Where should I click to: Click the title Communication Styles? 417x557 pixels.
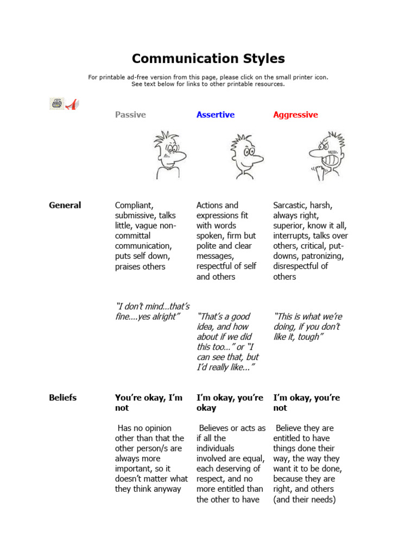208,59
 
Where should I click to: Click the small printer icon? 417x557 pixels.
56,103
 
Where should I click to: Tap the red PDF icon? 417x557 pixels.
72,104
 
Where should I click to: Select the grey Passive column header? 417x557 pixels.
130,115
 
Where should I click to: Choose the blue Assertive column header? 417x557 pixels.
216,115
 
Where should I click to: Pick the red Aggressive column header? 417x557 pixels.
295,115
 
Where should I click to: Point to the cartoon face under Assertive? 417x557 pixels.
245,156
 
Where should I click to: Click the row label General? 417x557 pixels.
65,205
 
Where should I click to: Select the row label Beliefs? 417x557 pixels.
62,398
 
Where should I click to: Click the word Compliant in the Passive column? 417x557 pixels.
134,205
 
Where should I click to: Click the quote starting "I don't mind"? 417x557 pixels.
152,312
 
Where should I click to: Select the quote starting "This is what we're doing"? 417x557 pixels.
308,326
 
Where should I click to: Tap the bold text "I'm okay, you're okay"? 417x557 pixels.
230,403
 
